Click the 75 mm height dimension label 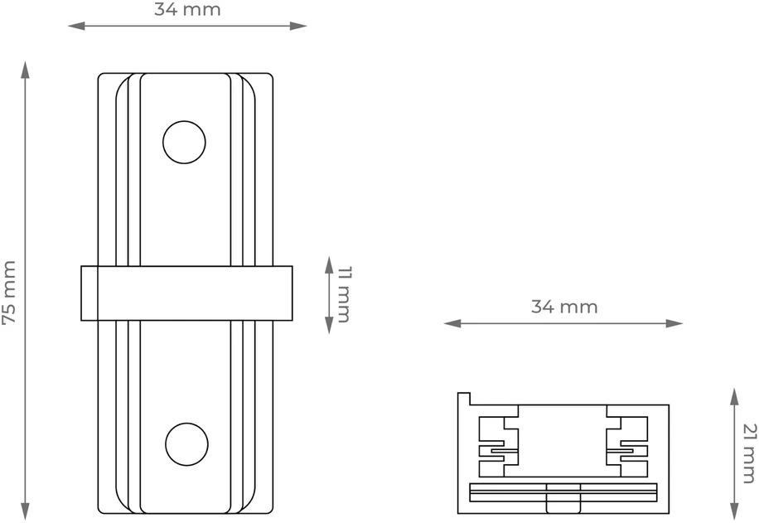pos(10,292)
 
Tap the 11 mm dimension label pos(344,294)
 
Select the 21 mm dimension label pos(749,453)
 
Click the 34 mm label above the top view pos(187,9)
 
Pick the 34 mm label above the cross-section pos(564,307)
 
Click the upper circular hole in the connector pos(184,143)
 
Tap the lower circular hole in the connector pos(186,444)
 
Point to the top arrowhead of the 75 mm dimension pos(25,70)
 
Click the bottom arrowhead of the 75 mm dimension pos(25,512)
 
